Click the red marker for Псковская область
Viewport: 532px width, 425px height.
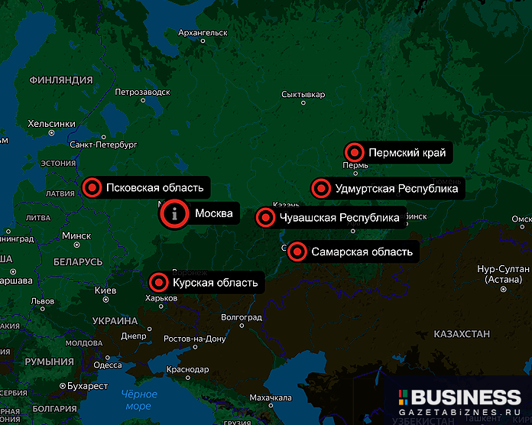click(92, 187)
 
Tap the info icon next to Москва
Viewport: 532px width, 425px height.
click(175, 213)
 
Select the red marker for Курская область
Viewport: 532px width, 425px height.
click(159, 283)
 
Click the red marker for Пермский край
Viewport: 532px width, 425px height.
click(354, 153)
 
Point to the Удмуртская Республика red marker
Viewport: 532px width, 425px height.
click(320, 188)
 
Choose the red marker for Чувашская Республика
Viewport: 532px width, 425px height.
click(265, 218)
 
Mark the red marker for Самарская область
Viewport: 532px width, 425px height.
click(297, 251)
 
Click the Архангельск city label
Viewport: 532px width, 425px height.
click(203, 33)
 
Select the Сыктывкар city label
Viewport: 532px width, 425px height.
click(303, 95)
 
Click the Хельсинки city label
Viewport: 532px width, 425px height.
click(51, 123)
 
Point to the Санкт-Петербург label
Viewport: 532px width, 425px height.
click(103, 144)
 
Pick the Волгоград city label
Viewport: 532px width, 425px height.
click(241, 316)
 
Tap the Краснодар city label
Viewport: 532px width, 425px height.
click(187, 369)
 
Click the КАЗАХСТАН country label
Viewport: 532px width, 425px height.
click(461, 335)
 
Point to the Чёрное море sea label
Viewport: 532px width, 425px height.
click(138, 400)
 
